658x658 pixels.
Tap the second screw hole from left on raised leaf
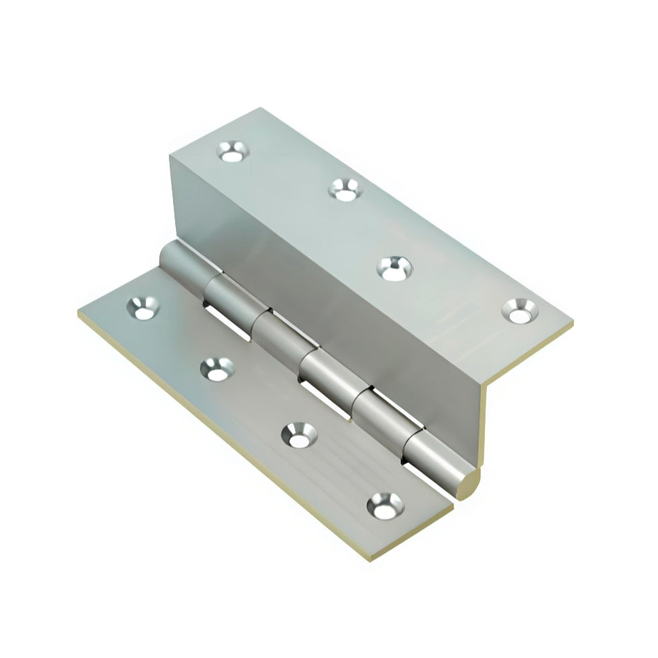[x=343, y=188]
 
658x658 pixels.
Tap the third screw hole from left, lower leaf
[x=300, y=435]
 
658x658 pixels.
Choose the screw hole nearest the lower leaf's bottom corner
[x=383, y=506]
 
